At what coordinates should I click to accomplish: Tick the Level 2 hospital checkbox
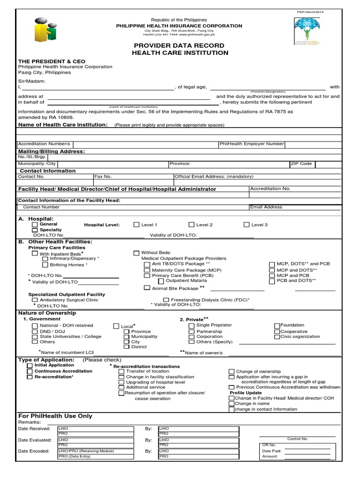tap(192, 225)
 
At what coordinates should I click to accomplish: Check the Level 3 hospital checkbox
tap(247, 225)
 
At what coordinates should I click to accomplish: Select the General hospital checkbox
tap(35, 225)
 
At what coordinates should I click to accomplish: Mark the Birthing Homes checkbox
tap(45, 264)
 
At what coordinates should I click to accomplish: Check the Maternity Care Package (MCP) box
tap(147, 270)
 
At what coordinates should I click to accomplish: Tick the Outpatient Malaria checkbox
tap(161, 280)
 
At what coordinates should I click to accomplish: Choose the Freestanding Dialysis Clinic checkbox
tap(166, 300)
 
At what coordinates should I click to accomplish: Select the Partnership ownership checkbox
tap(192, 331)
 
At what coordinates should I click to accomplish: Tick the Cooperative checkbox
tap(277, 331)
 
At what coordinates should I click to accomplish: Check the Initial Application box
tap(30, 365)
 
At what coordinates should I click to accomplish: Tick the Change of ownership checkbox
tap(232, 371)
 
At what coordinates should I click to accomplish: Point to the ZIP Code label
tap(301, 164)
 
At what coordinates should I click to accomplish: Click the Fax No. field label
tap(103, 177)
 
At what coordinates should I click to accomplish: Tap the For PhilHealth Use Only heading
tap(55, 416)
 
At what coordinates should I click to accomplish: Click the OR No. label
tap(270, 444)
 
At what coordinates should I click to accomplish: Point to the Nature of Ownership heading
tap(47, 313)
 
